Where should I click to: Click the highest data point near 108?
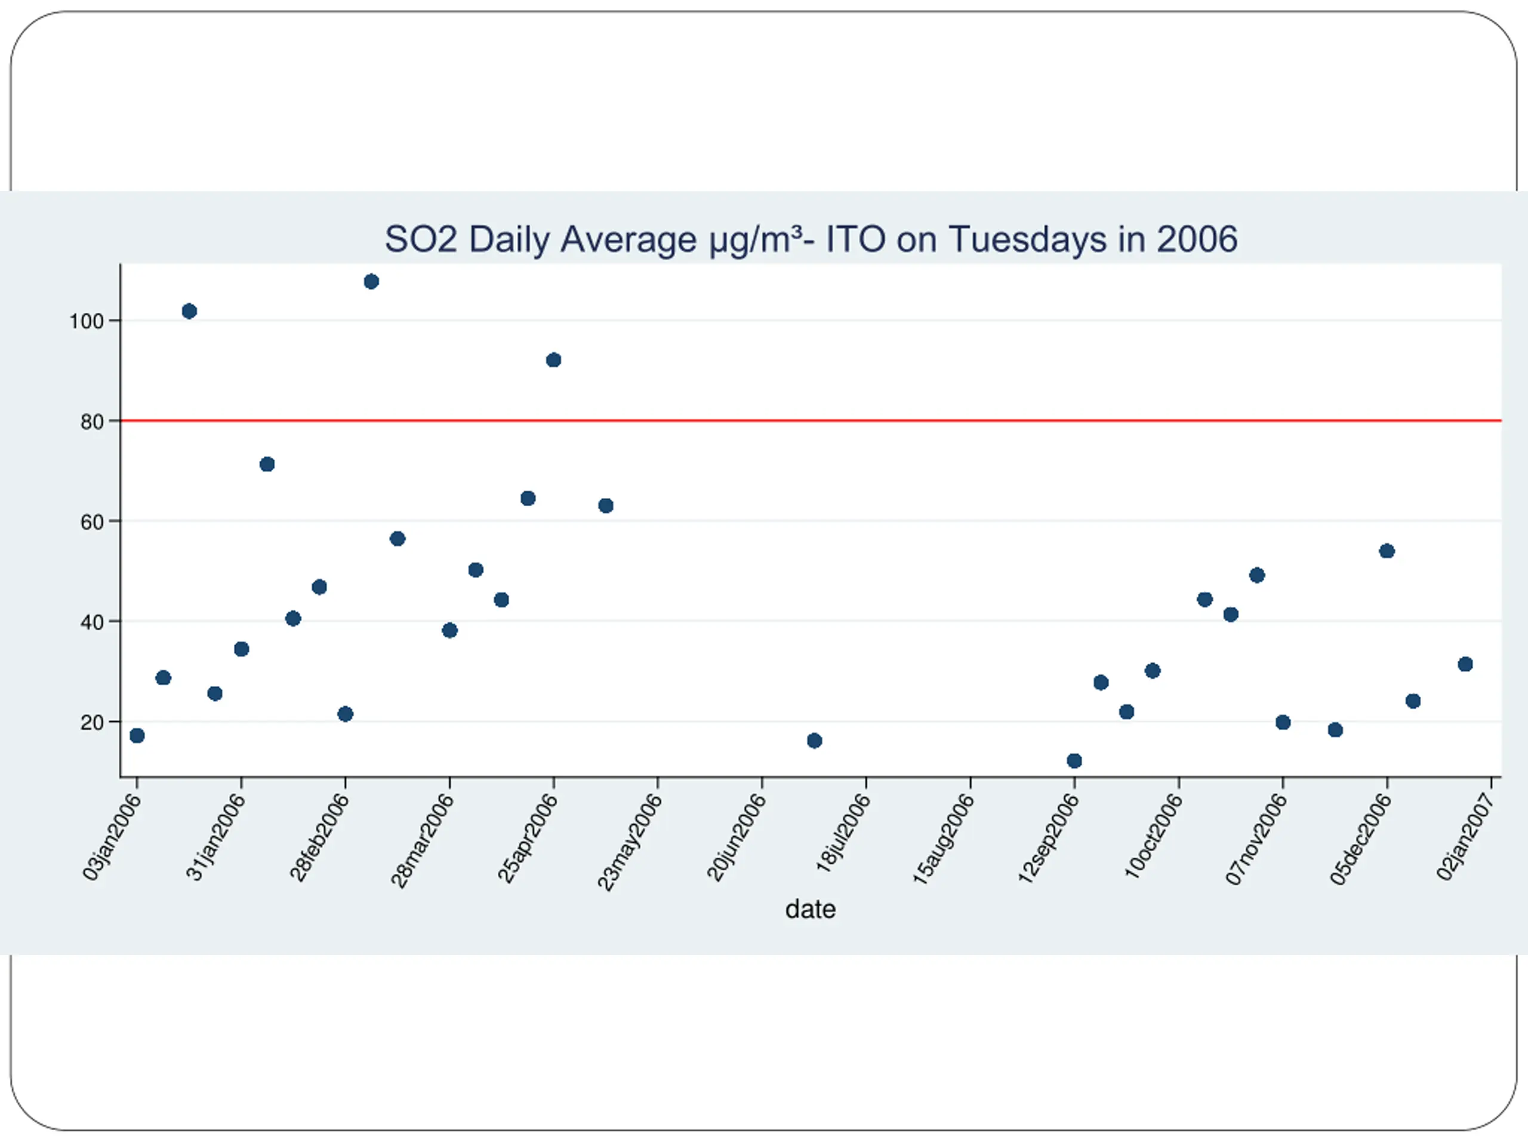click(x=371, y=281)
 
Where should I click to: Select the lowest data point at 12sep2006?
click(x=1074, y=760)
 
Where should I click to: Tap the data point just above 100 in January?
click(x=189, y=311)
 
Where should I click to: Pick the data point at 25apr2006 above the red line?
click(x=553, y=360)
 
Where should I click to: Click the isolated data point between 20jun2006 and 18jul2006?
click(x=814, y=741)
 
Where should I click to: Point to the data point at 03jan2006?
click(x=137, y=736)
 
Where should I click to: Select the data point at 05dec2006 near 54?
click(x=1387, y=550)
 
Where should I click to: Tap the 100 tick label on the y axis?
click(x=87, y=321)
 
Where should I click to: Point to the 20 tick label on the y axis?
click(x=92, y=723)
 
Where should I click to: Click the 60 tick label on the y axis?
click(x=92, y=522)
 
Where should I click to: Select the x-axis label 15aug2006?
click(x=944, y=839)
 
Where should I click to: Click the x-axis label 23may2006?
click(x=629, y=842)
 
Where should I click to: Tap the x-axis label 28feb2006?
click(x=319, y=837)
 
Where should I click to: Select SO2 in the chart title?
click(x=421, y=240)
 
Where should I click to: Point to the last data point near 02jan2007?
click(x=1465, y=664)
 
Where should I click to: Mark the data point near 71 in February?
click(x=267, y=464)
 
